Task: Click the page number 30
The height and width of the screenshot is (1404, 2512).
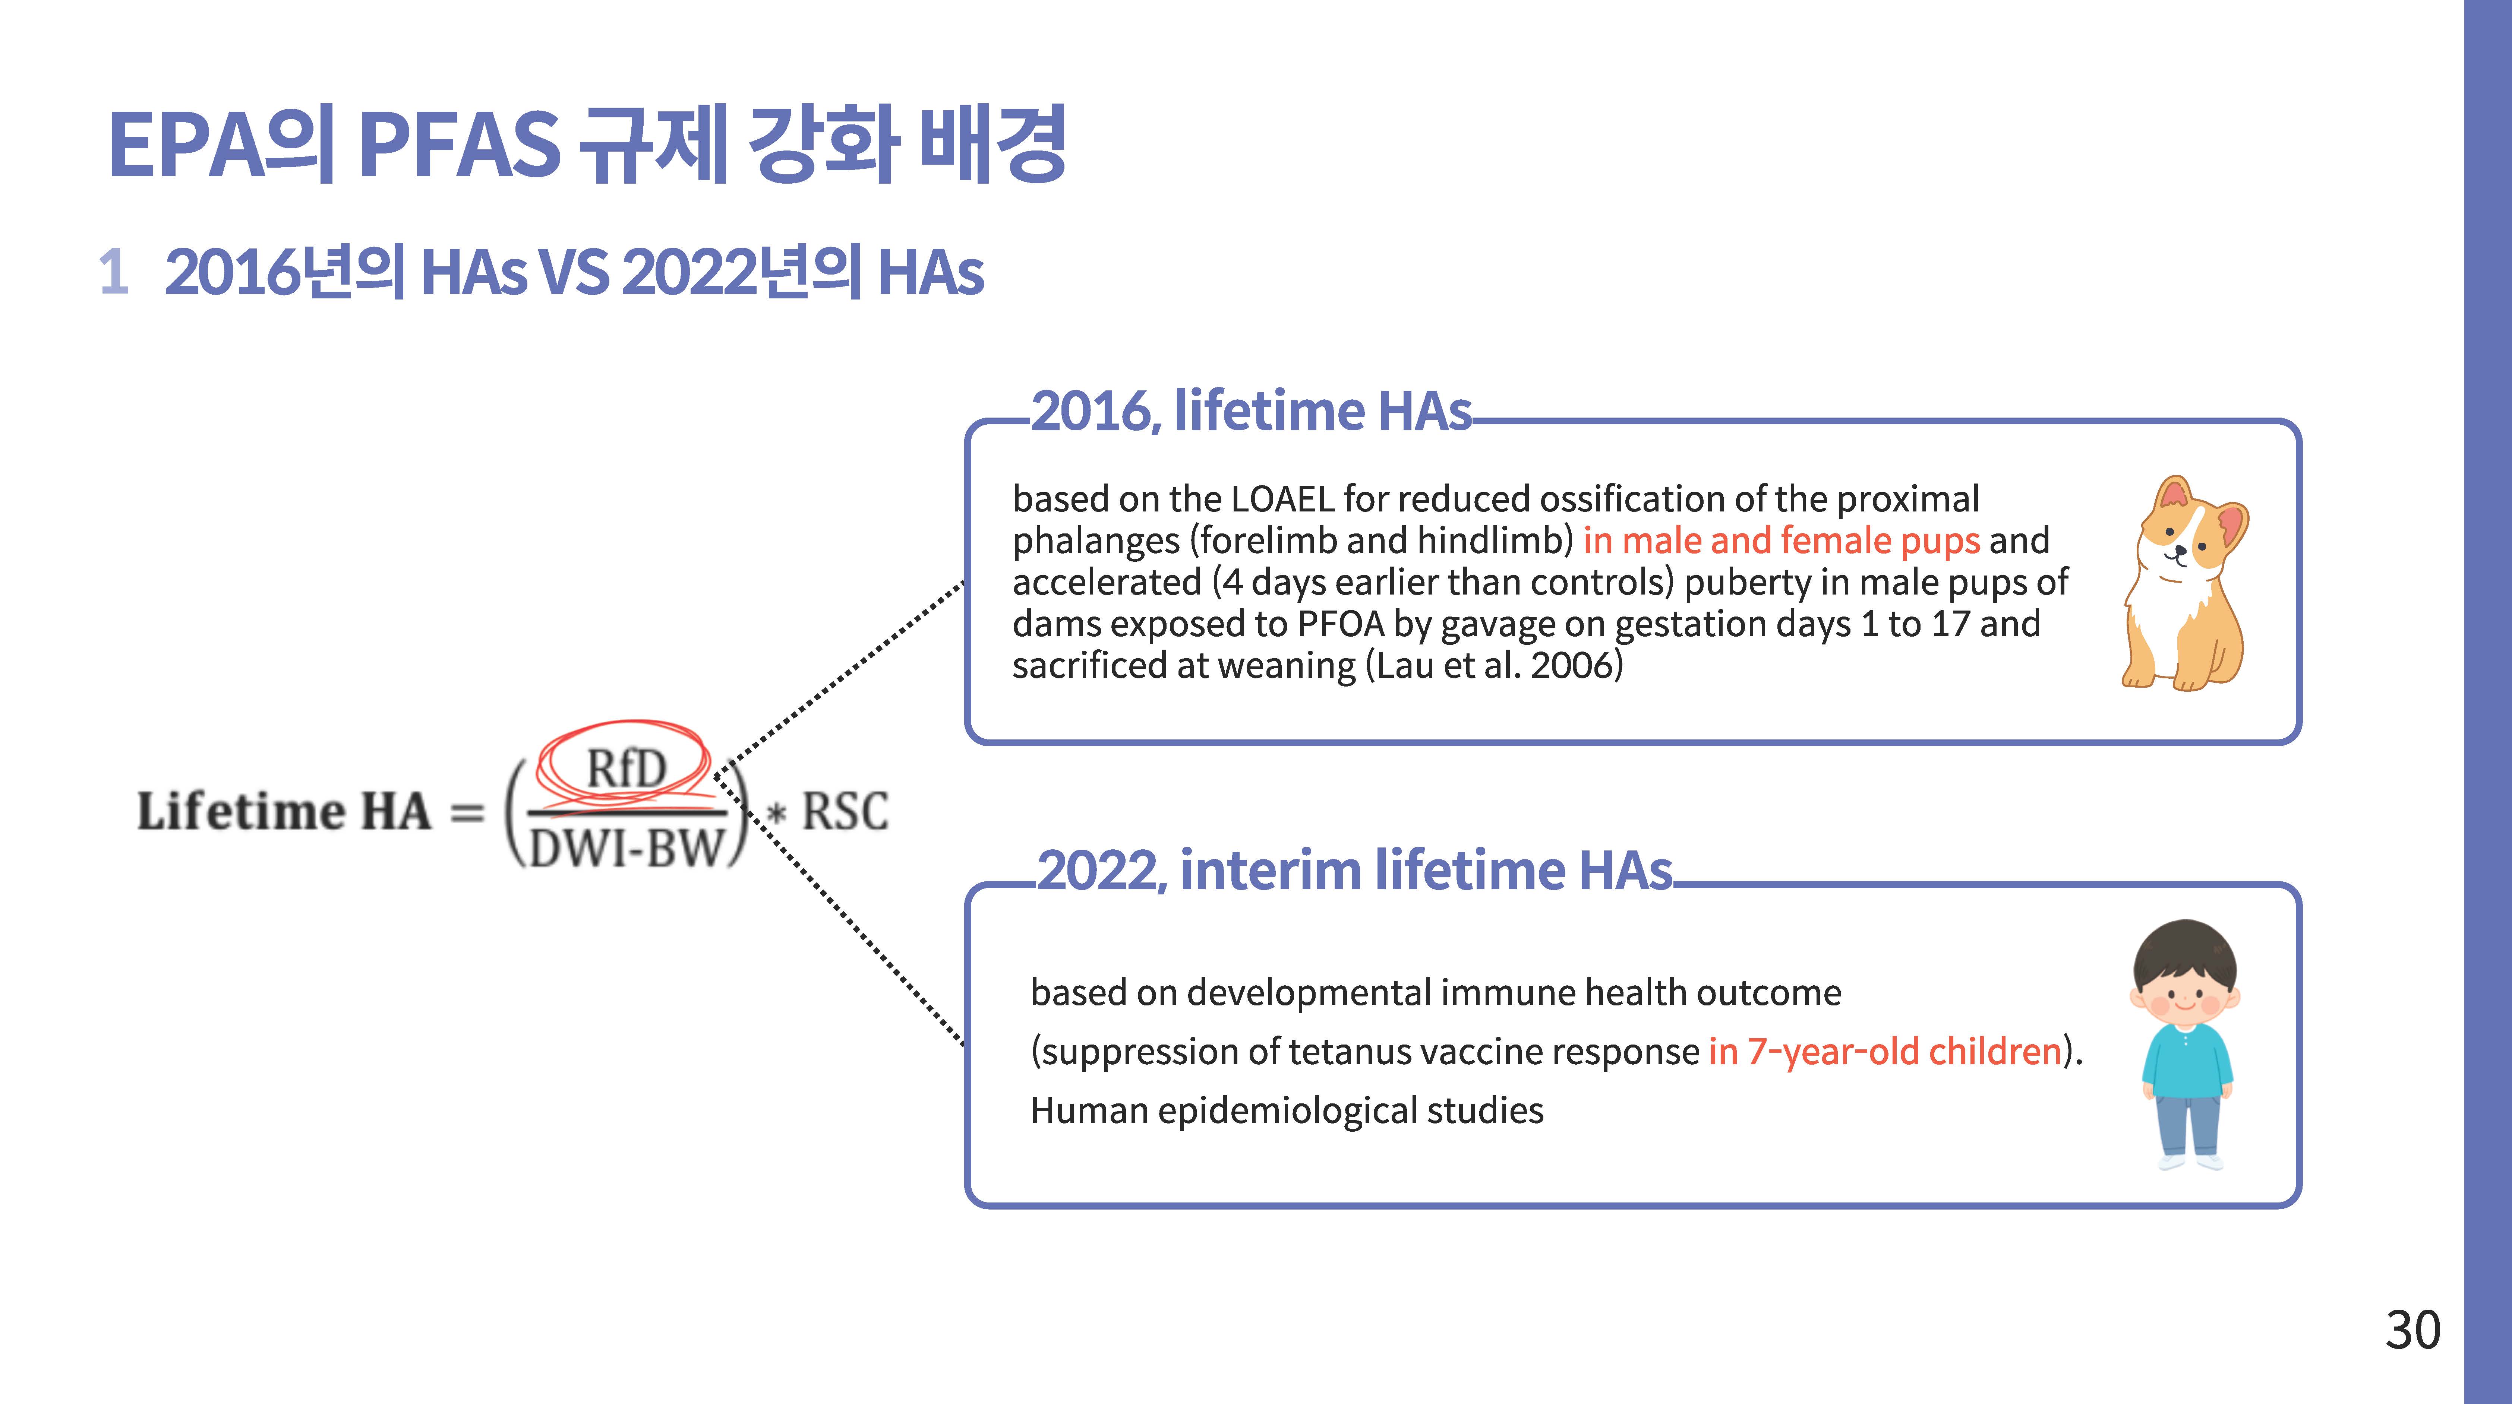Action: [2412, 1330]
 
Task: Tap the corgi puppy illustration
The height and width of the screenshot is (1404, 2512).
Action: [2184, 583]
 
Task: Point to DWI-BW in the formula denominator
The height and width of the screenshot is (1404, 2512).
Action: [626, 848]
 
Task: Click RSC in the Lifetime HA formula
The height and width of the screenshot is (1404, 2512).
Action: [845, 811]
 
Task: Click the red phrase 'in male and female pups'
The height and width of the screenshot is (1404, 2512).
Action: [1781, 540]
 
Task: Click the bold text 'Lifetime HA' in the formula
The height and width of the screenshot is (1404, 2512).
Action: [284, 811]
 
